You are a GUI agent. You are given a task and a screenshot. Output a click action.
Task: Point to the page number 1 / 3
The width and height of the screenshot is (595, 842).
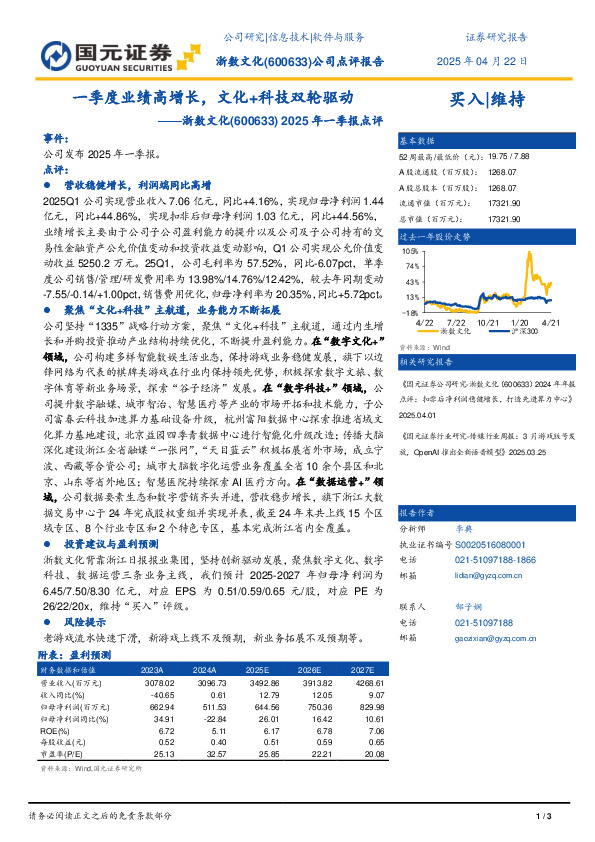pyautogui.click(x=544, y=817)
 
